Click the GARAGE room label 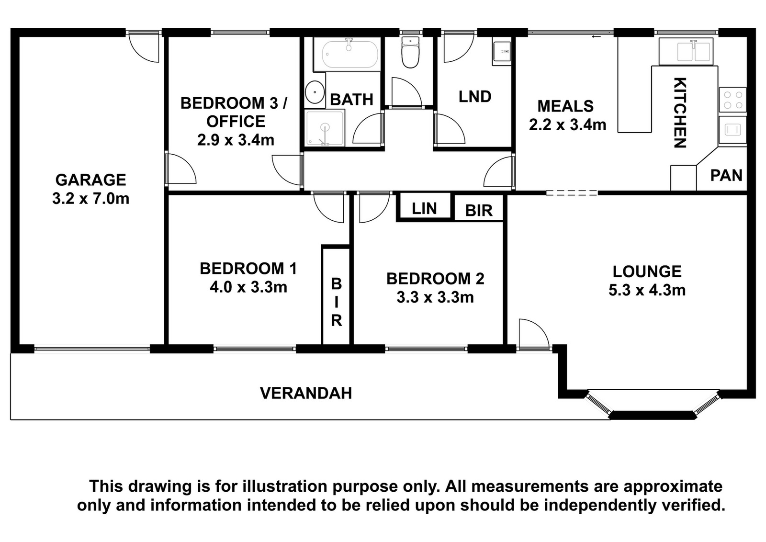90,180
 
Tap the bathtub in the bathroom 347,54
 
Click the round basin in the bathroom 315,92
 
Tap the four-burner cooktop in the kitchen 732,100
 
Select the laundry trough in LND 502,54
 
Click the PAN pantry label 726,175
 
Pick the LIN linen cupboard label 424,208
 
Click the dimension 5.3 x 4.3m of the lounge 647,290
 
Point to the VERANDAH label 306,393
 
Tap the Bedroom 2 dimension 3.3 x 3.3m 435,297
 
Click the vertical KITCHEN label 680,113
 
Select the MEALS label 565,106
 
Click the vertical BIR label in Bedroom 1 337,302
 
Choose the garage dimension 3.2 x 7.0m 90,199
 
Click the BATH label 351,100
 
